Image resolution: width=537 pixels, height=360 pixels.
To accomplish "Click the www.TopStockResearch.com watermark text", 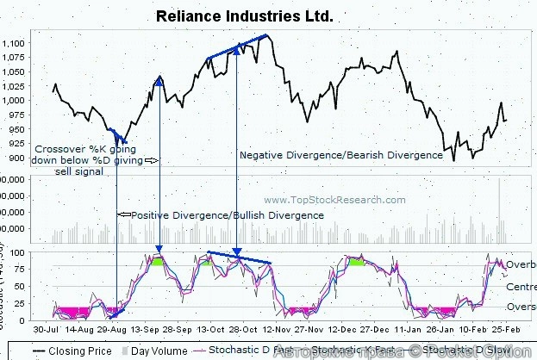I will [x=334, y=200].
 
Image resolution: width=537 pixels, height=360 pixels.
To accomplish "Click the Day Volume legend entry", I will [x=153, y=351].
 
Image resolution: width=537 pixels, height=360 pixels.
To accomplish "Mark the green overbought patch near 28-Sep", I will [x=159, y=259].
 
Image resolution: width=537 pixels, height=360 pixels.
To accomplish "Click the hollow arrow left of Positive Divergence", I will [x=122, y=214].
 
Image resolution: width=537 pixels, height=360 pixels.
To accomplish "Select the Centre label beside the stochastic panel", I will [x=521, y=286].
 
